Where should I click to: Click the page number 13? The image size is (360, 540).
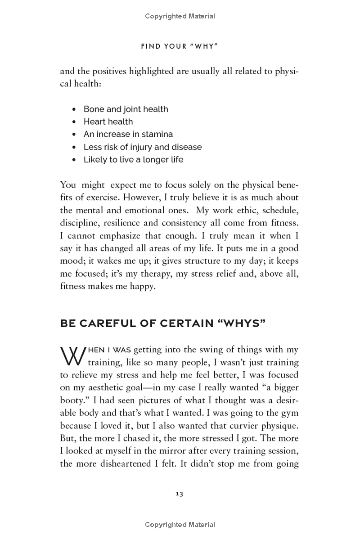(179, 494)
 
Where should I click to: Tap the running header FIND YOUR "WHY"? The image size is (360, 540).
(180, 46)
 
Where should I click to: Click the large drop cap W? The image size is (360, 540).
(70, 356)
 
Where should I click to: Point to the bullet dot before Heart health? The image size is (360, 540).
(74, 122)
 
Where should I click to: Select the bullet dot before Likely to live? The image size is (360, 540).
(74, 160)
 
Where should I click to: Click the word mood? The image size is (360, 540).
(72, 261)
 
